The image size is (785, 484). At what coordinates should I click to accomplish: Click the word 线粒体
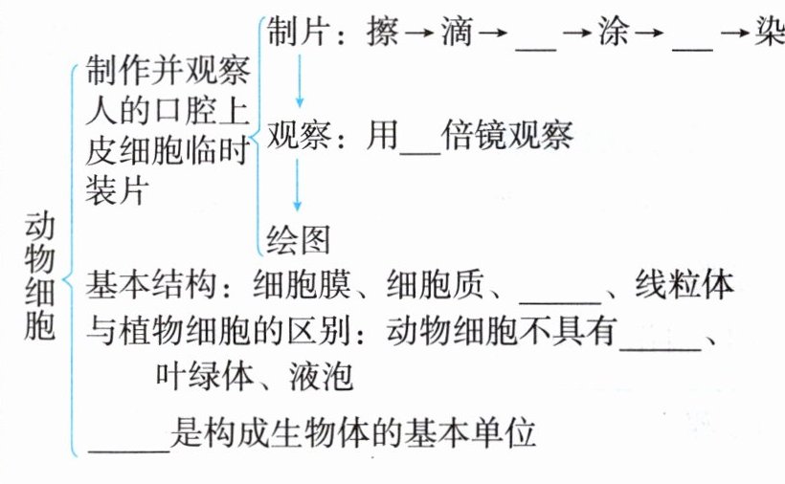[x=685, y=285]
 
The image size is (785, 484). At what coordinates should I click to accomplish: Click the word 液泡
[x=321, y=376]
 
